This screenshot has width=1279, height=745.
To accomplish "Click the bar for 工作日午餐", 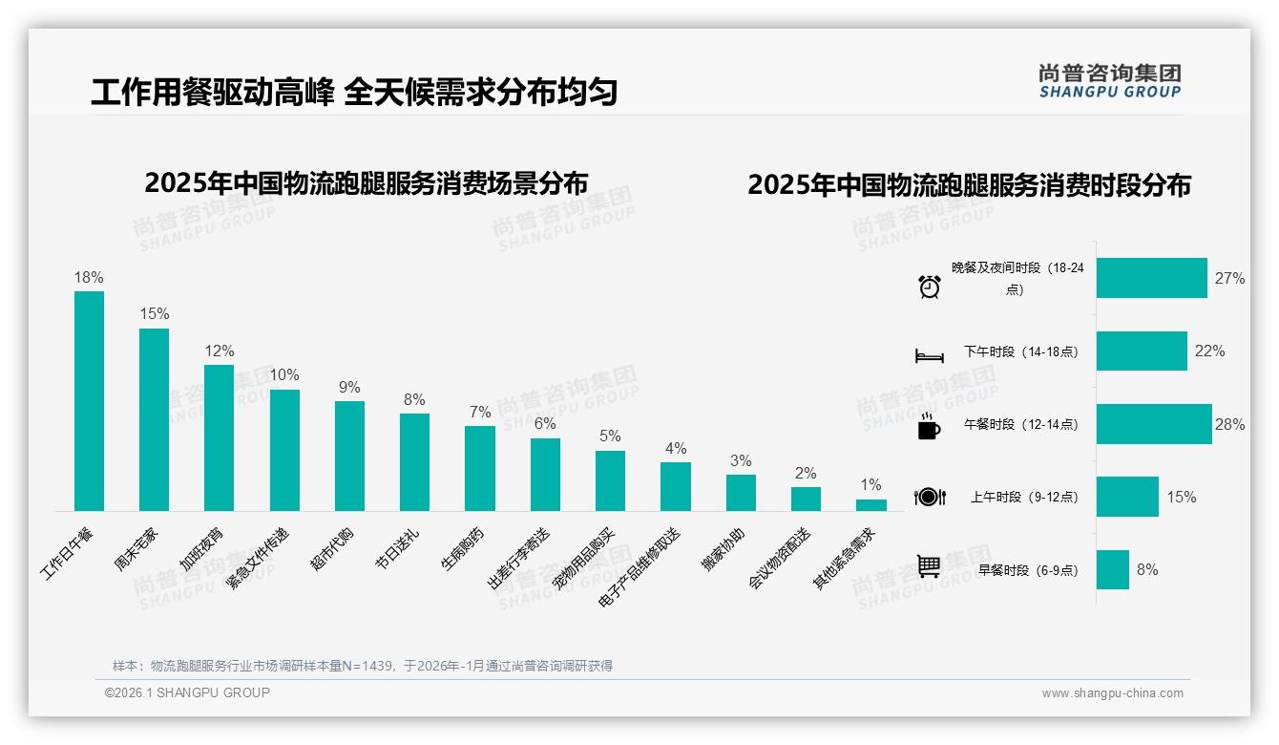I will (x=89, y=401).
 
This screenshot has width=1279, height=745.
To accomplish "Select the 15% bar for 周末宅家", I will (x=154, y=420).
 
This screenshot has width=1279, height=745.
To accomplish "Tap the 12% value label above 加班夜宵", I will (x=219, y=351).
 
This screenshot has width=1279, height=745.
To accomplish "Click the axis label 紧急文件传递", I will (x=257, y=558).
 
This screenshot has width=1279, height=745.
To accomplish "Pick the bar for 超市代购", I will (x=349, y=456).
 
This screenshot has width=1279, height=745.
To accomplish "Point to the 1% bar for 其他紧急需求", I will (x=870, y=505).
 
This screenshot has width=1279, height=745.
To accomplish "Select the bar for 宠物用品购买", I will (x=610, y=480).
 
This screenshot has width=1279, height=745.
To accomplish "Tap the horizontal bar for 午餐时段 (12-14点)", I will (x=1153, y=424).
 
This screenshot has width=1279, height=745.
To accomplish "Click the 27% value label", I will (x=1229, y=278).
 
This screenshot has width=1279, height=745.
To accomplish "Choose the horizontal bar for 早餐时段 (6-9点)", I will (x=1112, y=569).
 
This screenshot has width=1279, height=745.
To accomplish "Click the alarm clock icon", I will (x=929, y=286).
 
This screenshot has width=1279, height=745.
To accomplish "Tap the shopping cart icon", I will (x=929, y=566).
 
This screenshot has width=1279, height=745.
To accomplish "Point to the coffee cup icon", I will (x=929, y=426).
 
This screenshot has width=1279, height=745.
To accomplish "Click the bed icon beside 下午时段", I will (x=929, y=355).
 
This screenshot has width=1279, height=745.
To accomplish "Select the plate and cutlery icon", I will (x=929, y=497).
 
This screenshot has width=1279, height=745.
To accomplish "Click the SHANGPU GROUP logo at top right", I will (x=1109, y=81).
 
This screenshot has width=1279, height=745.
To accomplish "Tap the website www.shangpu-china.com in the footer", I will (x=1112, y=693).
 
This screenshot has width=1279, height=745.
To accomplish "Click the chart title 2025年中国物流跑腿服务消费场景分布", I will (x=366, y=182).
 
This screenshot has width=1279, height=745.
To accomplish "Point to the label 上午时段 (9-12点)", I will (x=1022, y=497).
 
